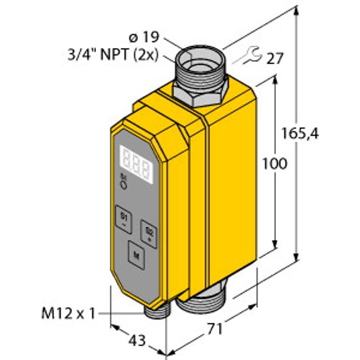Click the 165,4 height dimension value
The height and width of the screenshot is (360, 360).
pyautogui.click(x=322, y=133)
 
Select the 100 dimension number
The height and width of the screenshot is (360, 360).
pyautogui.click(x=275, y=163)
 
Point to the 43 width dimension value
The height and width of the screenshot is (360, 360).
pyautogui.click(x=137, y=341)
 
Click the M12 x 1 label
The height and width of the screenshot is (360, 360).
pyautogui.click(x=68, y=313)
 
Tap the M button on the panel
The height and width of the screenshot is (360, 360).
pyautogui.click(x=136, y=254)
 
